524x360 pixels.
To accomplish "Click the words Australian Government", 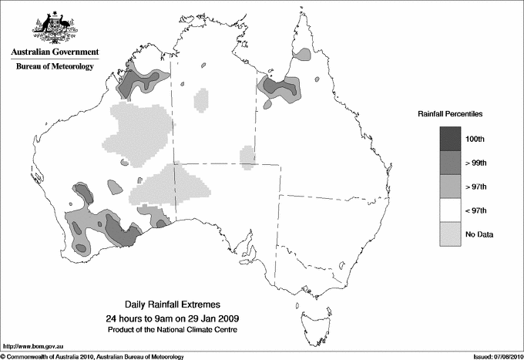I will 54,52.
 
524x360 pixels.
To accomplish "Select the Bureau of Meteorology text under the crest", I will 54,66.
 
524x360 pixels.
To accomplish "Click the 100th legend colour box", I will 451,138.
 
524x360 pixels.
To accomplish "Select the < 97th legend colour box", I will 451,210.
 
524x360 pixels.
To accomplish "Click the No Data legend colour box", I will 451,234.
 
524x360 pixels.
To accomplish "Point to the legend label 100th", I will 483,139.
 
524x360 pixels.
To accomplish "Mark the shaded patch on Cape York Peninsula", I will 304,55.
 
